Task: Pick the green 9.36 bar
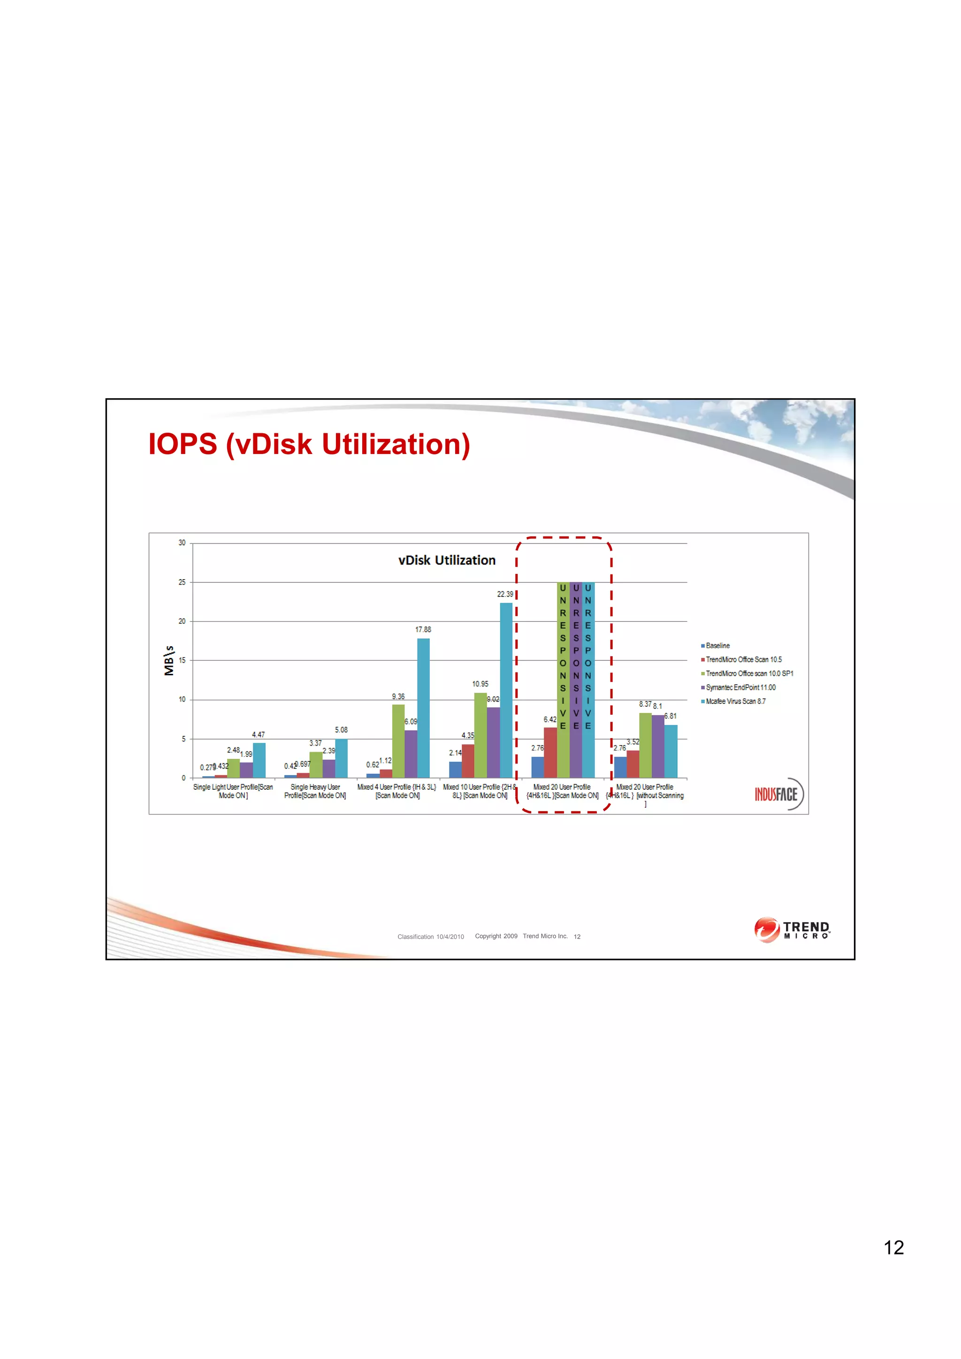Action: (x=398, y=740)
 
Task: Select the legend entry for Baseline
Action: (x=717, y=646)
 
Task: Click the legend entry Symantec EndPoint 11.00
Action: (x=740, y=687)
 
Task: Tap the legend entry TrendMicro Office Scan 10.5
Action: (x=743, y=659)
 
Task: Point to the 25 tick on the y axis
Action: (x=182, y=582)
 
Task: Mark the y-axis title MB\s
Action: (x=169, y=661)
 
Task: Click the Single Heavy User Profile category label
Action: (x=315, y=792)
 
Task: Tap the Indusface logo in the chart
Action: (x=778, y=794)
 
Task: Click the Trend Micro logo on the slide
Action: (x=792, y=930)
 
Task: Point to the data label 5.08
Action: (x=341, y=730)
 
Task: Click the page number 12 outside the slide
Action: (x=893, y=1247)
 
